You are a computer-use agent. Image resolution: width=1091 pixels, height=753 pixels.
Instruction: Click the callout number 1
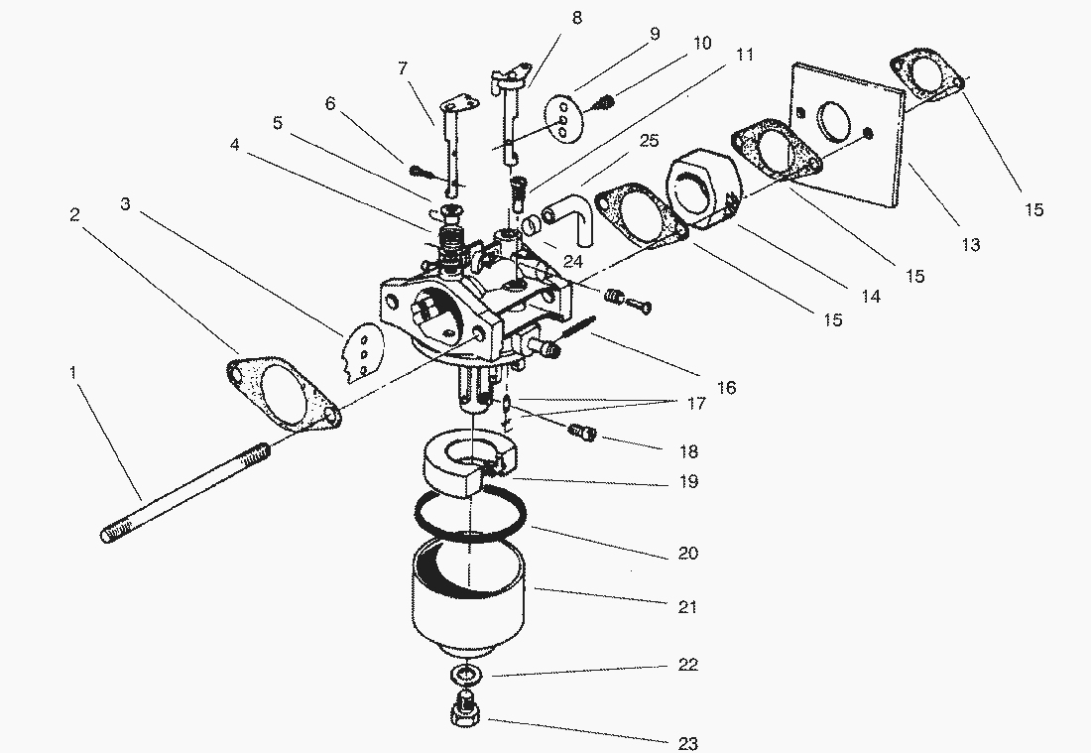coord(72,373)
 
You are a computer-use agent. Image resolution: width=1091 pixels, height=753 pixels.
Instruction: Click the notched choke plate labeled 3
coord(358,352)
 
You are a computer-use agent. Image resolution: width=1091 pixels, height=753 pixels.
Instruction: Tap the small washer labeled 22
coord(465,675)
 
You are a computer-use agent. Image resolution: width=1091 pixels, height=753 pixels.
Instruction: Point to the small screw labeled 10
coord(604,99)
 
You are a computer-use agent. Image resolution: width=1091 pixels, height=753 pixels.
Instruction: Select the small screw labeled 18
coord(582,431)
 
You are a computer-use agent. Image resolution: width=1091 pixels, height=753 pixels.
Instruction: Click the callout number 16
coord(727,387)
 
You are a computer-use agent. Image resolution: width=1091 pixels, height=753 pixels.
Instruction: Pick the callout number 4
coord(234,144)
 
